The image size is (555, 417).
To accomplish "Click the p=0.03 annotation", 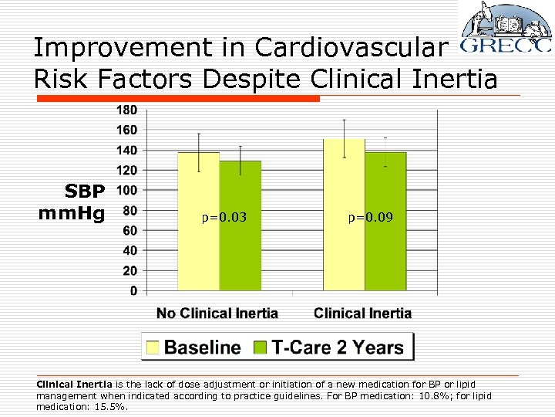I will (224, 218).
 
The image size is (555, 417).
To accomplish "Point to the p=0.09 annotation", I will (369, 218).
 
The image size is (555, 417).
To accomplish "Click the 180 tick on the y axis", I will (127, 110).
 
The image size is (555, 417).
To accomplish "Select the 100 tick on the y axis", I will (127, 190).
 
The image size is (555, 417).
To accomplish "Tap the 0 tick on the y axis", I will (133, 291).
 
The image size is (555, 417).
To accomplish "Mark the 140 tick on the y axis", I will (127, 150).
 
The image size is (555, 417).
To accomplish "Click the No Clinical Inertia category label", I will (217, 314).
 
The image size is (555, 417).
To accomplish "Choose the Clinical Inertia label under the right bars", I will (362, 314).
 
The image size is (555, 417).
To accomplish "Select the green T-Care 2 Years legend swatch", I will (261, 347).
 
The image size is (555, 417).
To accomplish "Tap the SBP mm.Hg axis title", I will (74, 201).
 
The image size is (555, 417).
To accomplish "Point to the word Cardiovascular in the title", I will (351, 48).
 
